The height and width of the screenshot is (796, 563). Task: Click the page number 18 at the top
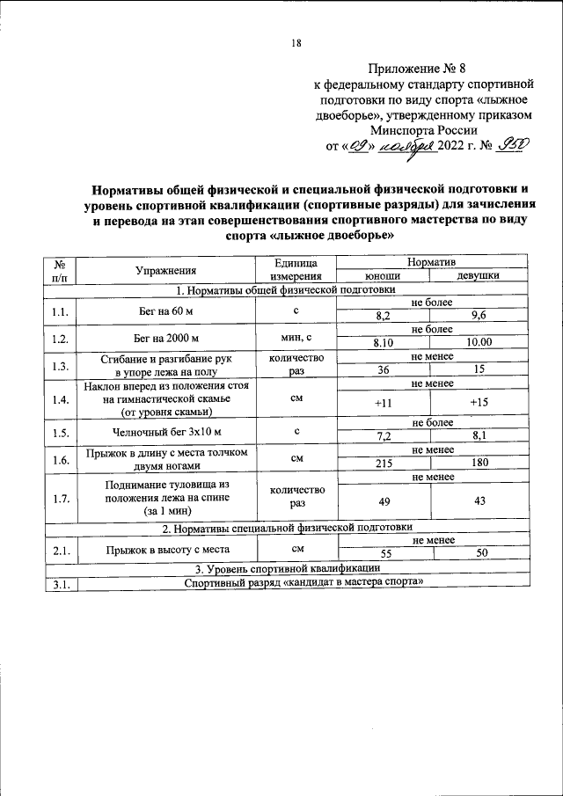click(x=296, y=43)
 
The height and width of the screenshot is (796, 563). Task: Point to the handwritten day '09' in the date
click(x=356, y=146)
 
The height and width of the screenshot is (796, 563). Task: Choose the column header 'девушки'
click(x=479, y=275)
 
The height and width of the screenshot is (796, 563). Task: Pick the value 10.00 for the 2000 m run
click(x=479, y=342)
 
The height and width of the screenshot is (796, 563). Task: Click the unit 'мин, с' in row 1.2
click(x=297, y=338)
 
